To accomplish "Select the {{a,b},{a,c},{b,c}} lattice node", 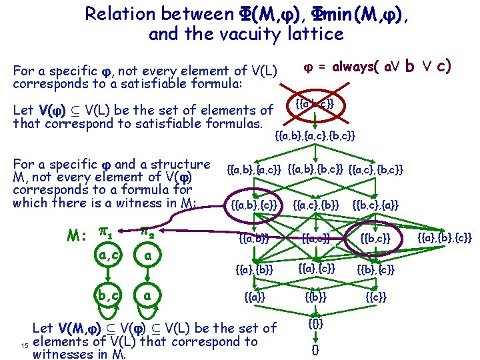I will (x=315, y=135).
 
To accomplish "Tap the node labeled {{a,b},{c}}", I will (x=254, y=204).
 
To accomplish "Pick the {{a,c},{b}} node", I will (x=316, y=204).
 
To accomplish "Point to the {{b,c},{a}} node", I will (x=375, y=204).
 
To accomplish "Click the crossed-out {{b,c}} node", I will (x=375, y=237).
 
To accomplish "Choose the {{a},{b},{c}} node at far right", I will (x=444, y=236).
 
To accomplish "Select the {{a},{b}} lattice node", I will (x=254, y=269).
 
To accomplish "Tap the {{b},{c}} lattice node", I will (x=375, y=269).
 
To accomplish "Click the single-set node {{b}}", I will (x=315, y=296).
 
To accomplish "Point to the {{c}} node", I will (x=376, y=296).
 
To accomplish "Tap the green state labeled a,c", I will (x=107, y=255).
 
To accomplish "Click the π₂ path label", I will (x=148, y=231).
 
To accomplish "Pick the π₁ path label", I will (x=105, y=232).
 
